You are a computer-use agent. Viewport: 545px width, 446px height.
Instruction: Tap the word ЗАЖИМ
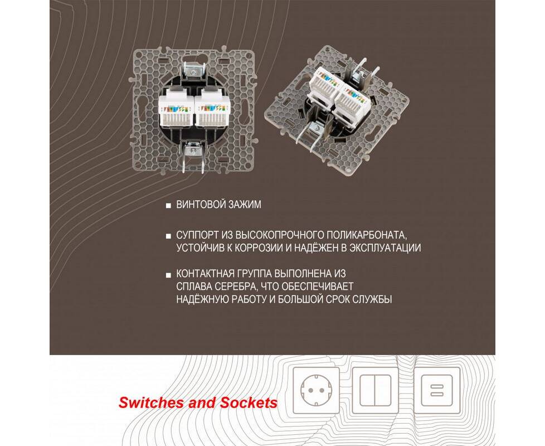pyautogui.click(x=244, y=205)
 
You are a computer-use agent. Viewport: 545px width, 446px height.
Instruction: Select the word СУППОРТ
pyautogui.click(x=197, y=235)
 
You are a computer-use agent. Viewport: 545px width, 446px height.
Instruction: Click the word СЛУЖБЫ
pyautogui.click(x=372, y=299)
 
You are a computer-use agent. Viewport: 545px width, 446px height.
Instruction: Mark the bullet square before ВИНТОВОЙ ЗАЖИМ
pyautogui.click(x=169, y=206)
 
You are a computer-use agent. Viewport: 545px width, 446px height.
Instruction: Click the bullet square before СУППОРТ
pyautogui.click(x=169, y=236)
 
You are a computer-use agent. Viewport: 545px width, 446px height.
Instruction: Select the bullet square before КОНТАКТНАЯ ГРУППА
pyautogui.click(x=169, y=275)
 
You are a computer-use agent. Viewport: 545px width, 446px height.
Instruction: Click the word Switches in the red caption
pyautogui.click(x=151, y=403)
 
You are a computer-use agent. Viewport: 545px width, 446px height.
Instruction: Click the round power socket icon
pyautogui.click(x=316, y=390)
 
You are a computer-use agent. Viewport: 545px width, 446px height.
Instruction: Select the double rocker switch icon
pyautogui.click(x=376, y=390)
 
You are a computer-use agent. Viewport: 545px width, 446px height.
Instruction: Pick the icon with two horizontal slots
pyautogui.click(x=437, y=390)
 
